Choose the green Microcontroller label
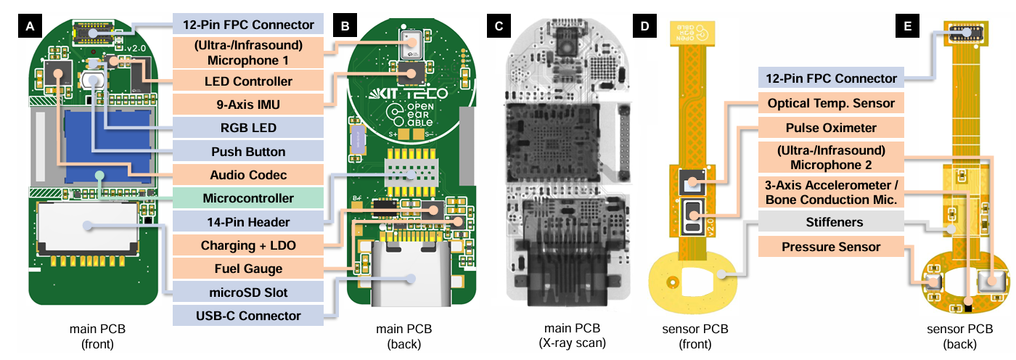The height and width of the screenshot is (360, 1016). pyautogui.click(x=247, y=198)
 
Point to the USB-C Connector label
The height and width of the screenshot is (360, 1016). pyautogui.click(x=247, y=316)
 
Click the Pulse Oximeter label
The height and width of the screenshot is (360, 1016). pyautogui.click(x=831, y=128)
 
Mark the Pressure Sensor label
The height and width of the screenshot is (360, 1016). pyautogui.click(x=831, y=247)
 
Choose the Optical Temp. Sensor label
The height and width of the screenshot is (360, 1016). pyautogui.click(x=831, y=104)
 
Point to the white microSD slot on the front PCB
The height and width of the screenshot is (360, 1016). pyautogui.click(x=89, y=226)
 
